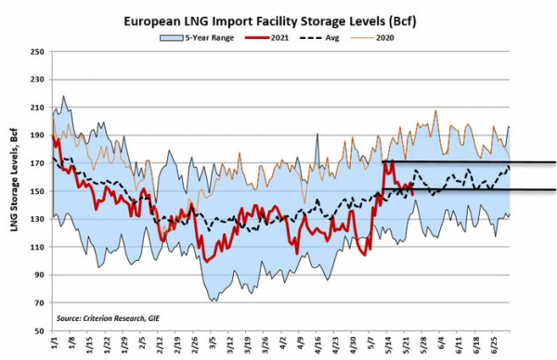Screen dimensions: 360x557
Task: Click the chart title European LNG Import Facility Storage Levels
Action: coord(278,19)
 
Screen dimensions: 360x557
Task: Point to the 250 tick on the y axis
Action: coord(39,52)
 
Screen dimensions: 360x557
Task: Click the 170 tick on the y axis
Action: coord(39,163)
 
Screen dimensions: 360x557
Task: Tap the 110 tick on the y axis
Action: coord(39,247)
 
